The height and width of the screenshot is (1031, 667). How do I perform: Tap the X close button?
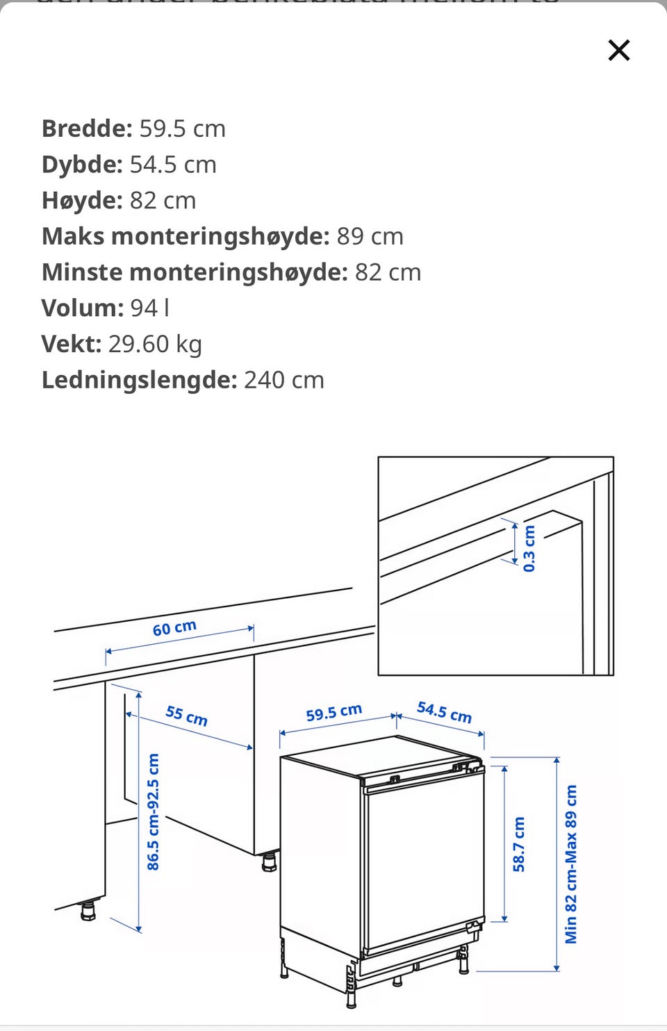618,50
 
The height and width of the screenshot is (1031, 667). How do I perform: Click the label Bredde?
87,129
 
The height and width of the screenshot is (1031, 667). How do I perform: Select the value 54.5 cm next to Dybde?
173,165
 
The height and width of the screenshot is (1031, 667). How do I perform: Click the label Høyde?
82,201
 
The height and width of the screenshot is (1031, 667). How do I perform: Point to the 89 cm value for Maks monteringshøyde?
370,236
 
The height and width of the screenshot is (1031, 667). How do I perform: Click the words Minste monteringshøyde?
195,272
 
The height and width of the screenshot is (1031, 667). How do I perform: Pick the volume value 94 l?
149,308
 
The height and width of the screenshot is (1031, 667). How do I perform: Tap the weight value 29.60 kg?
155,344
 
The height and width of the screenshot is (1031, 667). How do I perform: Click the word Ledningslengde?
139,380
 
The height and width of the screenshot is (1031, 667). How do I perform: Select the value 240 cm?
283,380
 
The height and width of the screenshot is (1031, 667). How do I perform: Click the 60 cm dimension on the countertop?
174,628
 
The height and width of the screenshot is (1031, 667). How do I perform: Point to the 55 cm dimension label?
186,715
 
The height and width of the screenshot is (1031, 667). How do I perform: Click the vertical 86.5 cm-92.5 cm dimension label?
153,811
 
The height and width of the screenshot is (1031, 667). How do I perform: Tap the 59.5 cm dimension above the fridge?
333,713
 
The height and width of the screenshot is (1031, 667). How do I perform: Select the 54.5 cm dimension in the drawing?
444,711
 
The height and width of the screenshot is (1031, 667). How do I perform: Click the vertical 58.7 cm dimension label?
518,844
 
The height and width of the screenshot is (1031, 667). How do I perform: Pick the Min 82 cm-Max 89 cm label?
570,864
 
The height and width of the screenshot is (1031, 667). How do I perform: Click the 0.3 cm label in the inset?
529,548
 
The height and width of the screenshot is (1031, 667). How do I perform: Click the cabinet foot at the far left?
88,909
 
